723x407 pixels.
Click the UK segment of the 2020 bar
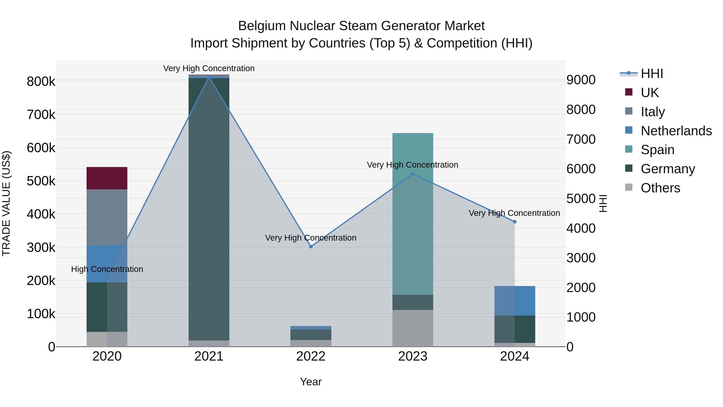(107, 178)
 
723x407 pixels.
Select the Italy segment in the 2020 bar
(107, 217)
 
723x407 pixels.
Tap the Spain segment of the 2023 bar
(413, 213)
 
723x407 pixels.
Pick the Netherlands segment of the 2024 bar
(515, 300)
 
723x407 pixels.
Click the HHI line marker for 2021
(209, 77)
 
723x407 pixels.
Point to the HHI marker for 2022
(311, 247)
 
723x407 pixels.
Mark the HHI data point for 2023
(413, 174)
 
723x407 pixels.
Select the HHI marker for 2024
(515, 222)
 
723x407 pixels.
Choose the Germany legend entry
(668, 169)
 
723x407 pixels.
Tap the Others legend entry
(660, 188)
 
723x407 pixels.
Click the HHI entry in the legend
(652, 74)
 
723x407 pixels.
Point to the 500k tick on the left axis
(41, 181)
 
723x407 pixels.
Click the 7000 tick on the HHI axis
(581, 139)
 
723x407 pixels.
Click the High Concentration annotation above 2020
(107, 269)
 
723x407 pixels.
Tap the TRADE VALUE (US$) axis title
(6, 203)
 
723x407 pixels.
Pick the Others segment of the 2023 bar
(413, 328)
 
